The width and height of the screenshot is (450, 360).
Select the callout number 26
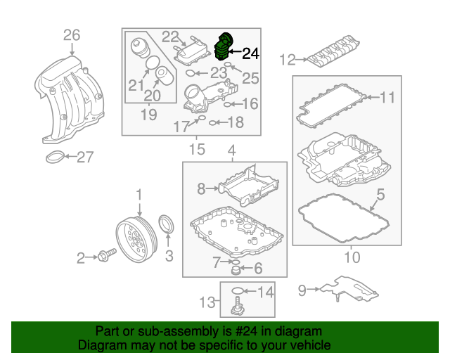pos(72,34)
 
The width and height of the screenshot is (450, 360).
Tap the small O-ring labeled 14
pos(238,291)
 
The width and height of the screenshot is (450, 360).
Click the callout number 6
pos(257,267)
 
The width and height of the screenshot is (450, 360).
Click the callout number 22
pos(171,37)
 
